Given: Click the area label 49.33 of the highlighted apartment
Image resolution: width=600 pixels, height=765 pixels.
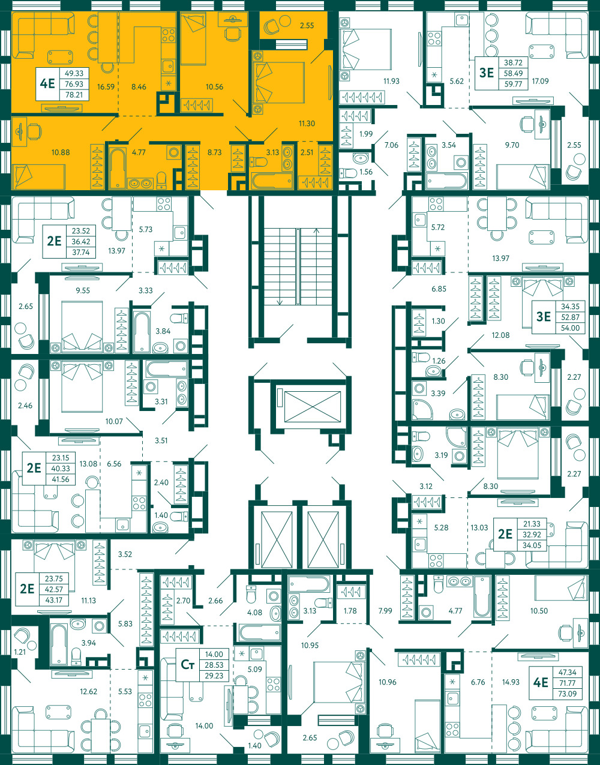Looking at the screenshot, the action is [x=74, y=73].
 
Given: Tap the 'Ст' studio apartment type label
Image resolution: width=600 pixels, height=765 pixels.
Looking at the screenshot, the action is [x=188, y=665].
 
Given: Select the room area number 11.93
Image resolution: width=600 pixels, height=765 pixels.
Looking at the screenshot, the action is [x=391, y=81].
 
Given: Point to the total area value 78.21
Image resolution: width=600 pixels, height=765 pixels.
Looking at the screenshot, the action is [x=74, y=95].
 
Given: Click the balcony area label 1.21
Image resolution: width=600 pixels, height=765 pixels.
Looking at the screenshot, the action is [x=20, y=652].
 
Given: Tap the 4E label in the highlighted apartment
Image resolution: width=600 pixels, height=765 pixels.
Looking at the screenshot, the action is [x=47, y=84].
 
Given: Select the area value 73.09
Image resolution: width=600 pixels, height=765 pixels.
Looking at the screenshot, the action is [x=567, y=694].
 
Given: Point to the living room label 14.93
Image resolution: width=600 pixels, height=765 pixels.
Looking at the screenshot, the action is [x=511, y=682].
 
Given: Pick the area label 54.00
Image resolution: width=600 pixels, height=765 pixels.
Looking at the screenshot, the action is [x=570, y=328].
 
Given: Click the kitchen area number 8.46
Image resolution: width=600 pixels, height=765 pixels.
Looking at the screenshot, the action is [x=139, y=86].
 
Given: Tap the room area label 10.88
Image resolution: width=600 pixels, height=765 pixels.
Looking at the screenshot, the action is [x=61, y=152].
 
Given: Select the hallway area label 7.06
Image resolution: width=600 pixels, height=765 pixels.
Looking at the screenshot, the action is [x=391, y=145].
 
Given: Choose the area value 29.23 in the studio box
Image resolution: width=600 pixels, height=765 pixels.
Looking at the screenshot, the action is [x=214, y=676].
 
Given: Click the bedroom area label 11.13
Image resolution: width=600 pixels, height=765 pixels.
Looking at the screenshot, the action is [x=88, y=600].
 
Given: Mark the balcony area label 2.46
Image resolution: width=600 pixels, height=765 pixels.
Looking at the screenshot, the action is [x=25, y=406].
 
